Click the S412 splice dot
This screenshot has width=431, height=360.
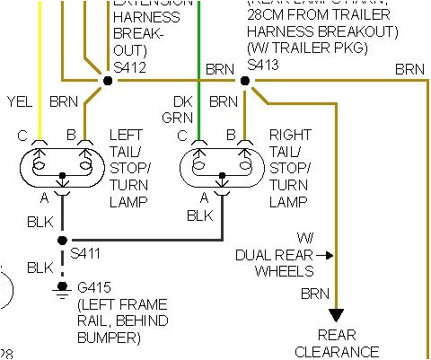pyautogui.click(x=108, y=80)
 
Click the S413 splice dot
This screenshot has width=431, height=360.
pyautogui.click(x=244, y=80)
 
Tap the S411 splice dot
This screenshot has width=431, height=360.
pyautogui.click(x=62, y=241)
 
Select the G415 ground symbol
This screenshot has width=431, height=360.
pyautogui.click(x=62, y=287)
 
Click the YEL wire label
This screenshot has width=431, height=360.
pyautogui.click(x=19, y=101)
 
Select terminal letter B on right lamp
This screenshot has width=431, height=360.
pyautogui.click(x=231, y=135)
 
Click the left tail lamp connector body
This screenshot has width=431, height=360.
pyautogui.click(x=62, y=165)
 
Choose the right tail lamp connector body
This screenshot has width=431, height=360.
pyautogui.click(x=222, y=165)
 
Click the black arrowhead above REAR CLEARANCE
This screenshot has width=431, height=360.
pyautogui.click(x=336, y=314)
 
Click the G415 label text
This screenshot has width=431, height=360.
pyautogui.click(x=93, y=288)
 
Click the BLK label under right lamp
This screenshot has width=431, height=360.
pyautogui.click(x=199, y=215)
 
